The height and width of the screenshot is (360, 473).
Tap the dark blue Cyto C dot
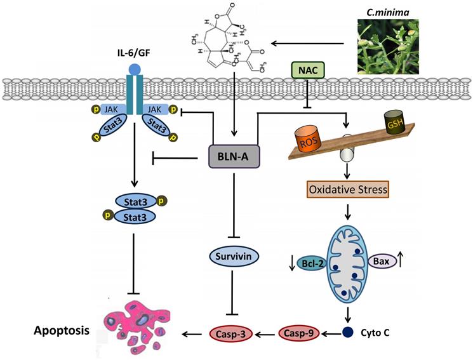coord(347,331)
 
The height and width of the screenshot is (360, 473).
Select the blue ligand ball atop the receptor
coord(134,69)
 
